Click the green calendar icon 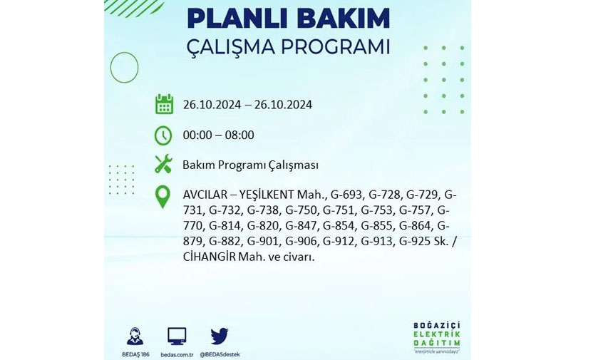click(x=164, y=104)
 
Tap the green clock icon click(x=163, y=135)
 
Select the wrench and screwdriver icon click(x=163, y=164)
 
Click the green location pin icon click(x=163, y=197)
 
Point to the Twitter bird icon click(x=220, y=336)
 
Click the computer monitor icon click(x=177, y=336)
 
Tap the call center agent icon click(x=135, y=336)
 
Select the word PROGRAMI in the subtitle click(x=335, y=47)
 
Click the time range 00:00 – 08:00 click(x=219, y=135)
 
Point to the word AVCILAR click(x=205, y=195)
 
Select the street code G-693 click(x=346, y=195)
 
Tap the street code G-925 click(x=415, y=242)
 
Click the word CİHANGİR click(x=209, y=257)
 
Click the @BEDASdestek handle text click(x=220, y=354)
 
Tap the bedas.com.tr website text click(x=177, y=354)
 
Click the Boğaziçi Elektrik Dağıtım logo click(x=437, y=337)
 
